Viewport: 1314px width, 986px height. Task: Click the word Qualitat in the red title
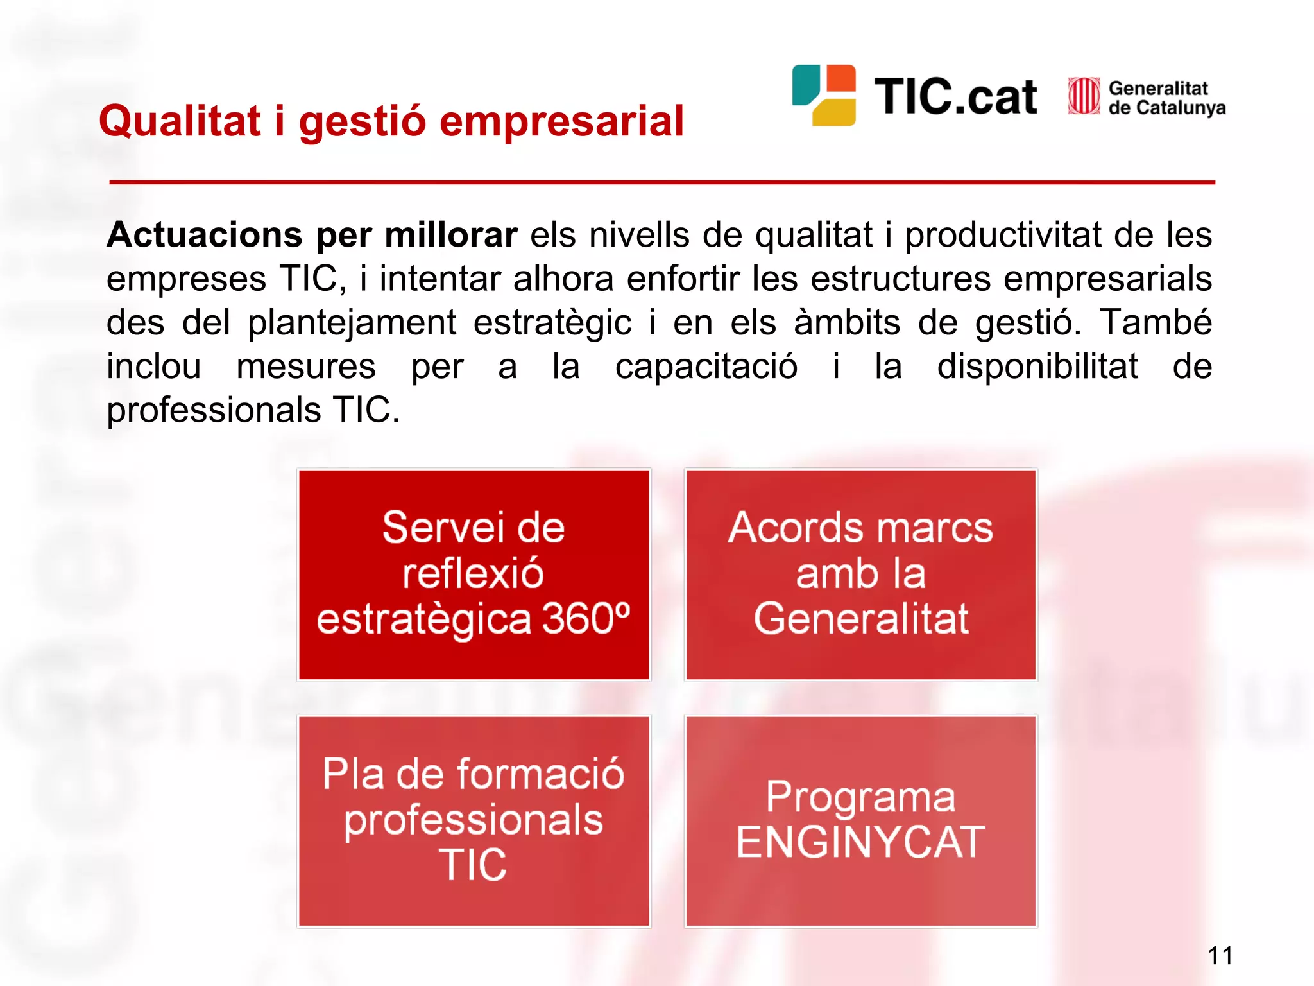pyautogui.click(x=180, y=121)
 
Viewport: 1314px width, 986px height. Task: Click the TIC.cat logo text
pyautogui.click(x=955, y=97)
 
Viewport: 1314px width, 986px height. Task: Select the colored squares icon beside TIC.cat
pyautogui.click(x=824, y=95)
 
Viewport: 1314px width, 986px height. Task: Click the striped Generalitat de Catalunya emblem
pyautogui.click(x=1084, y=96)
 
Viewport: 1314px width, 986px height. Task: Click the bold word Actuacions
pyautogui.click(x=204, y=235)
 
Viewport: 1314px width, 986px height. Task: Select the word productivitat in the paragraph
pyautogui.click(x=1002, y=235)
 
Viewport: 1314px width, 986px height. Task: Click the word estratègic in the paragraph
pyautogui.click(x=552, y=322)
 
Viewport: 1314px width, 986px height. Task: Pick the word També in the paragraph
pyautogui.click(x=1155, y=322)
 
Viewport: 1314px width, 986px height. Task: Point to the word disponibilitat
pyautogui.click(x=1037, y=367)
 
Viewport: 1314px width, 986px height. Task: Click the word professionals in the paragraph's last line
pyautogui.click(x=213, y=411)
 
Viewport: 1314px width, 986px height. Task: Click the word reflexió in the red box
pyautogui.click(x=473, y=573)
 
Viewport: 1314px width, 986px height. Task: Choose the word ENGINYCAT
pyautogui.click(x=860, y=842)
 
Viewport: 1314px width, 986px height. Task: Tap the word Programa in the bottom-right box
pyautogui.click(x=860, y=798)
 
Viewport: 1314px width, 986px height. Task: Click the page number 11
pyautogui.click(x=1220, y=956)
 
